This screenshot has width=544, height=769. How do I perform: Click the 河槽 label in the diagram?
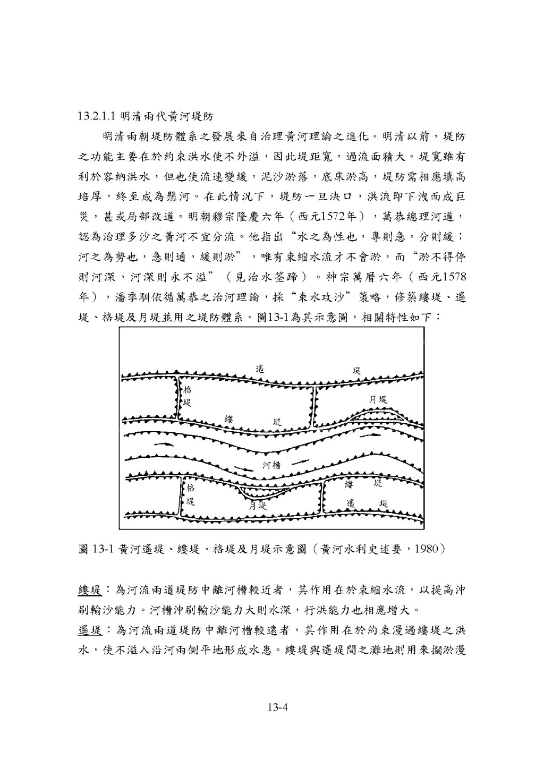[x=271, y=465]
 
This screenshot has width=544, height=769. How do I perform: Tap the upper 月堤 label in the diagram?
[x=378, y=399]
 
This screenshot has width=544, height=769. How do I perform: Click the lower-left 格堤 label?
[x=190, y=494]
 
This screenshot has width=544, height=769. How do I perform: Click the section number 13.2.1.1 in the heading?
[x=96, y=116]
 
